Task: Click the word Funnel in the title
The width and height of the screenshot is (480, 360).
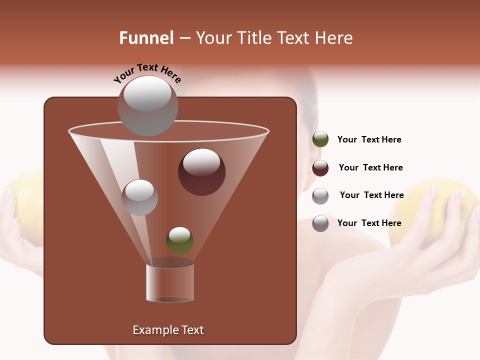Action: [x=146, y=38]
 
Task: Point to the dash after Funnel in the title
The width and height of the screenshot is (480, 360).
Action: [x=184, y=38]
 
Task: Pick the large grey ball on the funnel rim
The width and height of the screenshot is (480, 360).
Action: [x=147, y=106]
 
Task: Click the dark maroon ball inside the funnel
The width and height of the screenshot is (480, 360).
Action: [x=201, y=172]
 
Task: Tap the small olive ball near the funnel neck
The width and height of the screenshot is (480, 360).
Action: [x=179, y=240]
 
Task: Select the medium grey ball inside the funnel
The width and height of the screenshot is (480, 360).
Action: [x=139, y=197]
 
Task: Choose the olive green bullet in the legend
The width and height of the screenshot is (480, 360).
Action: [x=320, y=139]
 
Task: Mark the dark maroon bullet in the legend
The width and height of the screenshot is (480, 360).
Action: [x=320, y=168]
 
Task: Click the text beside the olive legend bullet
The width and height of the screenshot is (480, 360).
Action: [x=369, y=139]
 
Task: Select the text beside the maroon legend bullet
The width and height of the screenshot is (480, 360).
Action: [x=370, y=167]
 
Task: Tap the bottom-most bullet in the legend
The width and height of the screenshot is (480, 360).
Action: [x=320, y=223]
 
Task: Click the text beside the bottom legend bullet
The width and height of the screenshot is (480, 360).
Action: [x=369, y=223]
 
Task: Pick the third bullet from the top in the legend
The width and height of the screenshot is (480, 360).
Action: [x=320, y=196]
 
